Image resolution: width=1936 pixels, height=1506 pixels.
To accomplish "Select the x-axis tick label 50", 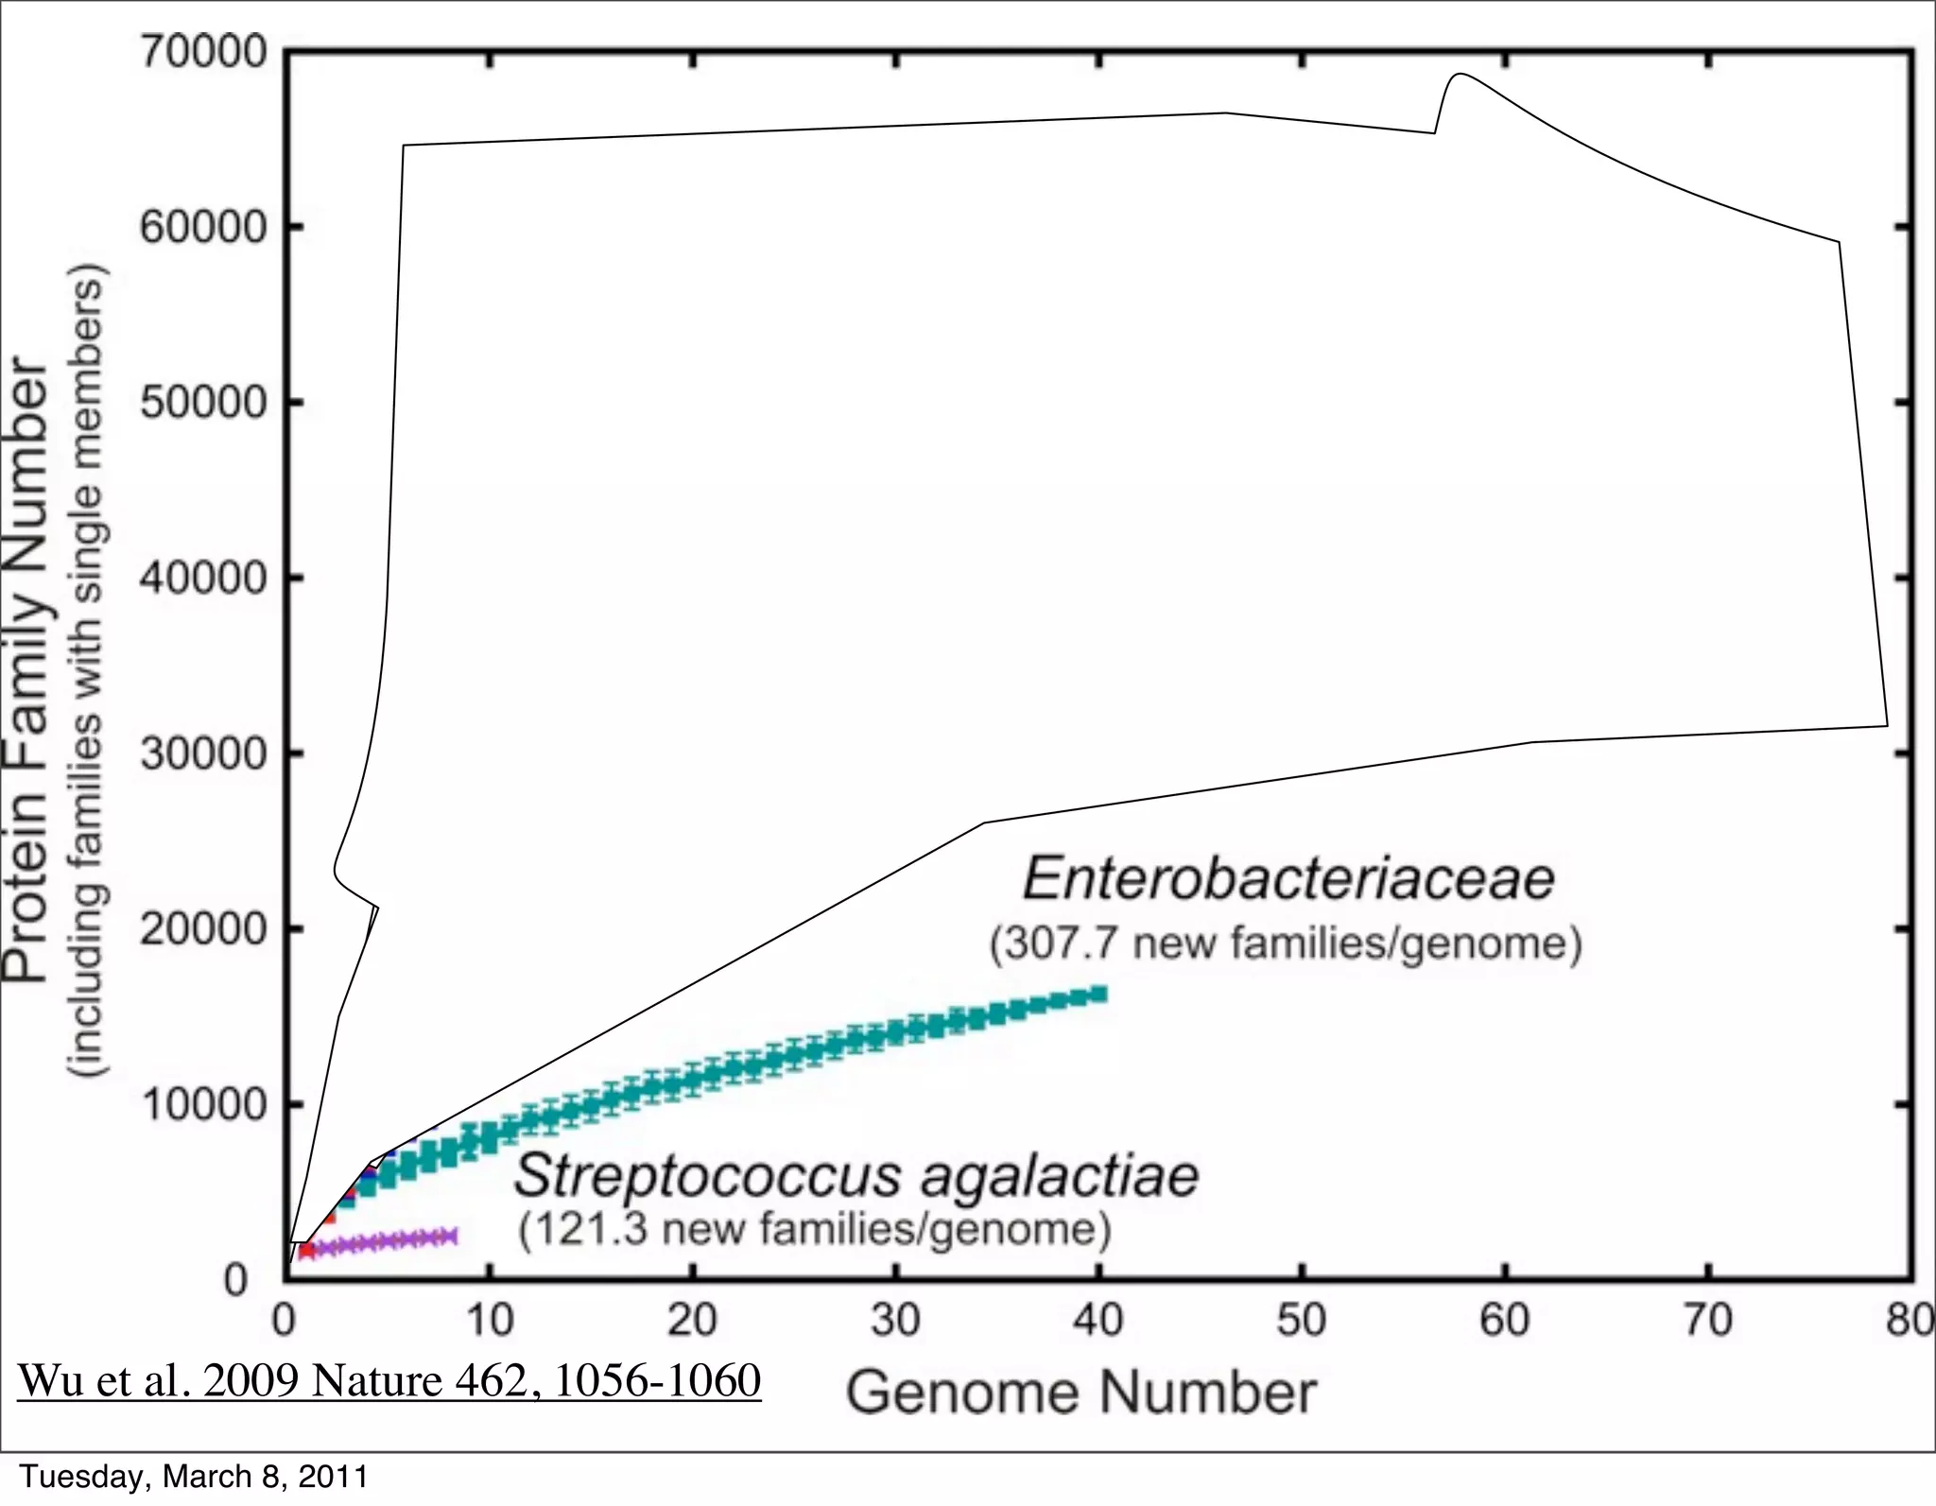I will pyautogui.click(x=1301, y=1321).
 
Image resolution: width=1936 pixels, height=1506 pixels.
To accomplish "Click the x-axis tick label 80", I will pyautogui.click(x=1910, y=1321).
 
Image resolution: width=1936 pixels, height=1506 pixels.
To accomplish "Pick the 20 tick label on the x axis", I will pyautogui.click(x=692, y=1321).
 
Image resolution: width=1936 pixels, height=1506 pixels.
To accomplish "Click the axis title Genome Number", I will pyautogui.click(x=1080, y=1393).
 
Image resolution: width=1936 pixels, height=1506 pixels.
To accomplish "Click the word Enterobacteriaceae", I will pyautogui.click(x=1288, y=878).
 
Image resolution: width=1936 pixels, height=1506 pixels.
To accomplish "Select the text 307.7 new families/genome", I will pyautogui.click(x=1286, y=943).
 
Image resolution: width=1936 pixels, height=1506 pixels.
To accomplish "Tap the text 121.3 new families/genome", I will pyautogui.click(x=814, y=1230).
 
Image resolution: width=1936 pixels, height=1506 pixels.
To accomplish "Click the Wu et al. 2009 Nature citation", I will pyautogui.click(x=389, y=1380).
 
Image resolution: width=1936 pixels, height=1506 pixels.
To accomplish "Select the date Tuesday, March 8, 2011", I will pyautogui.click(x=194, y=1477).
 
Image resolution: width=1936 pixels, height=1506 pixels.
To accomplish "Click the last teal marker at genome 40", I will pyautogui.click(x=1098, y=994).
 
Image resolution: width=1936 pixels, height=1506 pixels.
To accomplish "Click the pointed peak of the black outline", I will pyautogui.click(x=1461, y=74).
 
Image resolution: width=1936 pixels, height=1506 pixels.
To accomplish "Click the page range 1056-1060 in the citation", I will pyautogui.click(x=656, y=1380).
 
